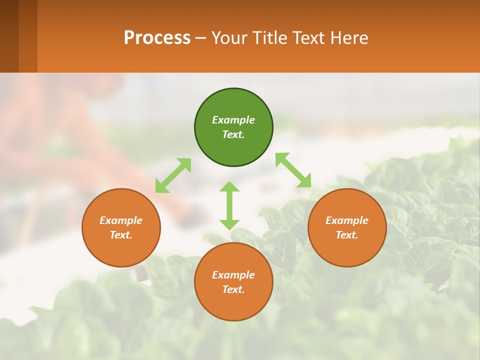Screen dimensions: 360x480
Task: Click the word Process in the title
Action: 157,38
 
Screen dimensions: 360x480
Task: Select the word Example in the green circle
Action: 233,120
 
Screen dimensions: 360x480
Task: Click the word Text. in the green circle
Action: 233,134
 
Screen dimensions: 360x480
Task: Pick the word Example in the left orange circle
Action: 121,220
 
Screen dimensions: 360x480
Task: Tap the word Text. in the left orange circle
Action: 121,235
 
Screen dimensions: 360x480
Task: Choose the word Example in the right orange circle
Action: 347,220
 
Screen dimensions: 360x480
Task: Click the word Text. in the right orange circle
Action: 347,235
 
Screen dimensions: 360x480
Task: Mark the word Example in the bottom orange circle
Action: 233,275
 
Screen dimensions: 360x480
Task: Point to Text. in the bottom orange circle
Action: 233,289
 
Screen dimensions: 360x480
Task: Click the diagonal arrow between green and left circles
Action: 173,175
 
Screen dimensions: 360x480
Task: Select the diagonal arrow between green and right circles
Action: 293,170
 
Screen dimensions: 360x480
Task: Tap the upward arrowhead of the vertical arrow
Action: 229,187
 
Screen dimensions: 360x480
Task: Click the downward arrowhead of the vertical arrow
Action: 229,224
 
